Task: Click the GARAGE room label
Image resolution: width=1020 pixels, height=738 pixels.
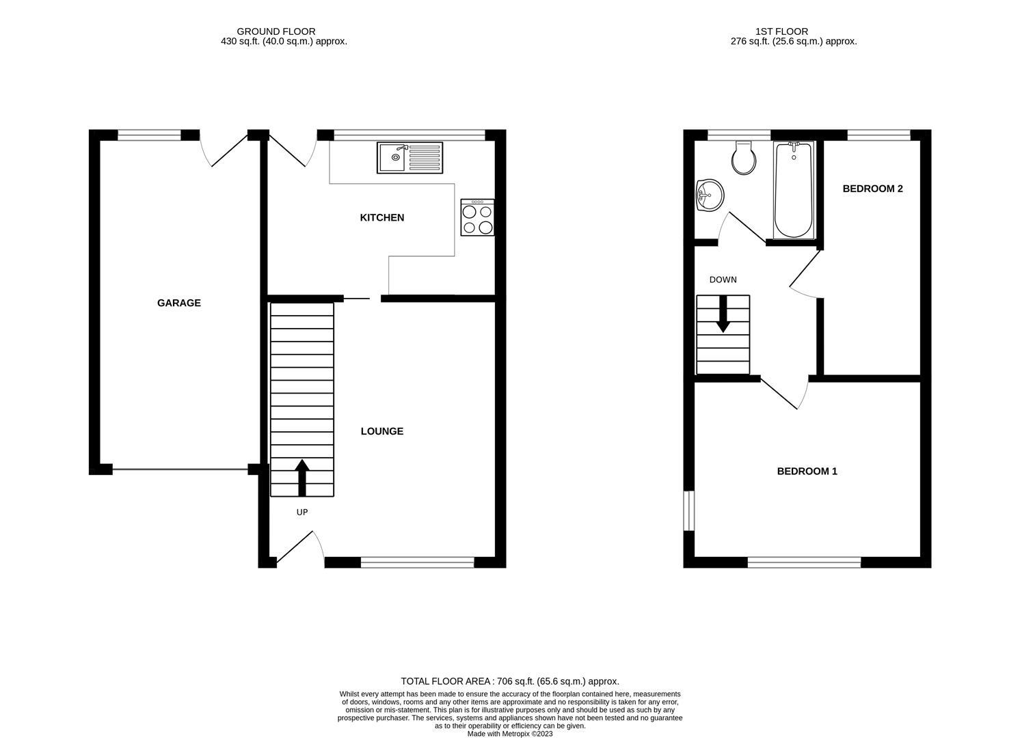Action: coord(179,303)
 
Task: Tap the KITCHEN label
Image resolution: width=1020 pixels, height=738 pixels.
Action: coord(382,218)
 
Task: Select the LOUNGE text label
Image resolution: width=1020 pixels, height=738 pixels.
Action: coord(382,432)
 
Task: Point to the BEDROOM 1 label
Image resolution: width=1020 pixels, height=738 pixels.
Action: coord(807,471)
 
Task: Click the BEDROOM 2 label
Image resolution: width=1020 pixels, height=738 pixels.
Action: coord(872,189)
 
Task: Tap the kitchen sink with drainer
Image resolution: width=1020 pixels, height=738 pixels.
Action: coord(410,158)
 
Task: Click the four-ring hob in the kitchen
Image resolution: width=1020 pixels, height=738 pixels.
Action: coord(477,217)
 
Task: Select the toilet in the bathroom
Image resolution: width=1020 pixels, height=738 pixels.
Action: coord(744,158)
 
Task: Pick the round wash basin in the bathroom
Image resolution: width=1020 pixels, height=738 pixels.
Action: coord(710,195)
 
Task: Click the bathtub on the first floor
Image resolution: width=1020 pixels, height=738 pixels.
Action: coord(794,190)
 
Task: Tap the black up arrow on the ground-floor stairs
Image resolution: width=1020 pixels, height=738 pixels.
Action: coord(302,478)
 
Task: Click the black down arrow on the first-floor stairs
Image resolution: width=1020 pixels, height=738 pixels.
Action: coord(723,314)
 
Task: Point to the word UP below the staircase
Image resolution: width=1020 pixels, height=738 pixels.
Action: coord(302,512)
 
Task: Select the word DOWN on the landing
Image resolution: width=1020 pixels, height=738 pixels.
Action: coord(723,280)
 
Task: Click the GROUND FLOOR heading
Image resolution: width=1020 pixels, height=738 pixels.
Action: coord(276,32)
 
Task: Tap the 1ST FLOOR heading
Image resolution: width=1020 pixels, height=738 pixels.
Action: coord(782,32)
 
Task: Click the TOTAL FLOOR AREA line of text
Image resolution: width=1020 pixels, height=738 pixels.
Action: coord(510,681)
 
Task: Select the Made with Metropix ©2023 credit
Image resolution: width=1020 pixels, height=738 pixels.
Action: coord(510,734)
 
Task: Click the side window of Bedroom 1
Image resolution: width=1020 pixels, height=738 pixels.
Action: coord(689,511)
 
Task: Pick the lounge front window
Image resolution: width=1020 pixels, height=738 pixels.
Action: coord(418,562)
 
